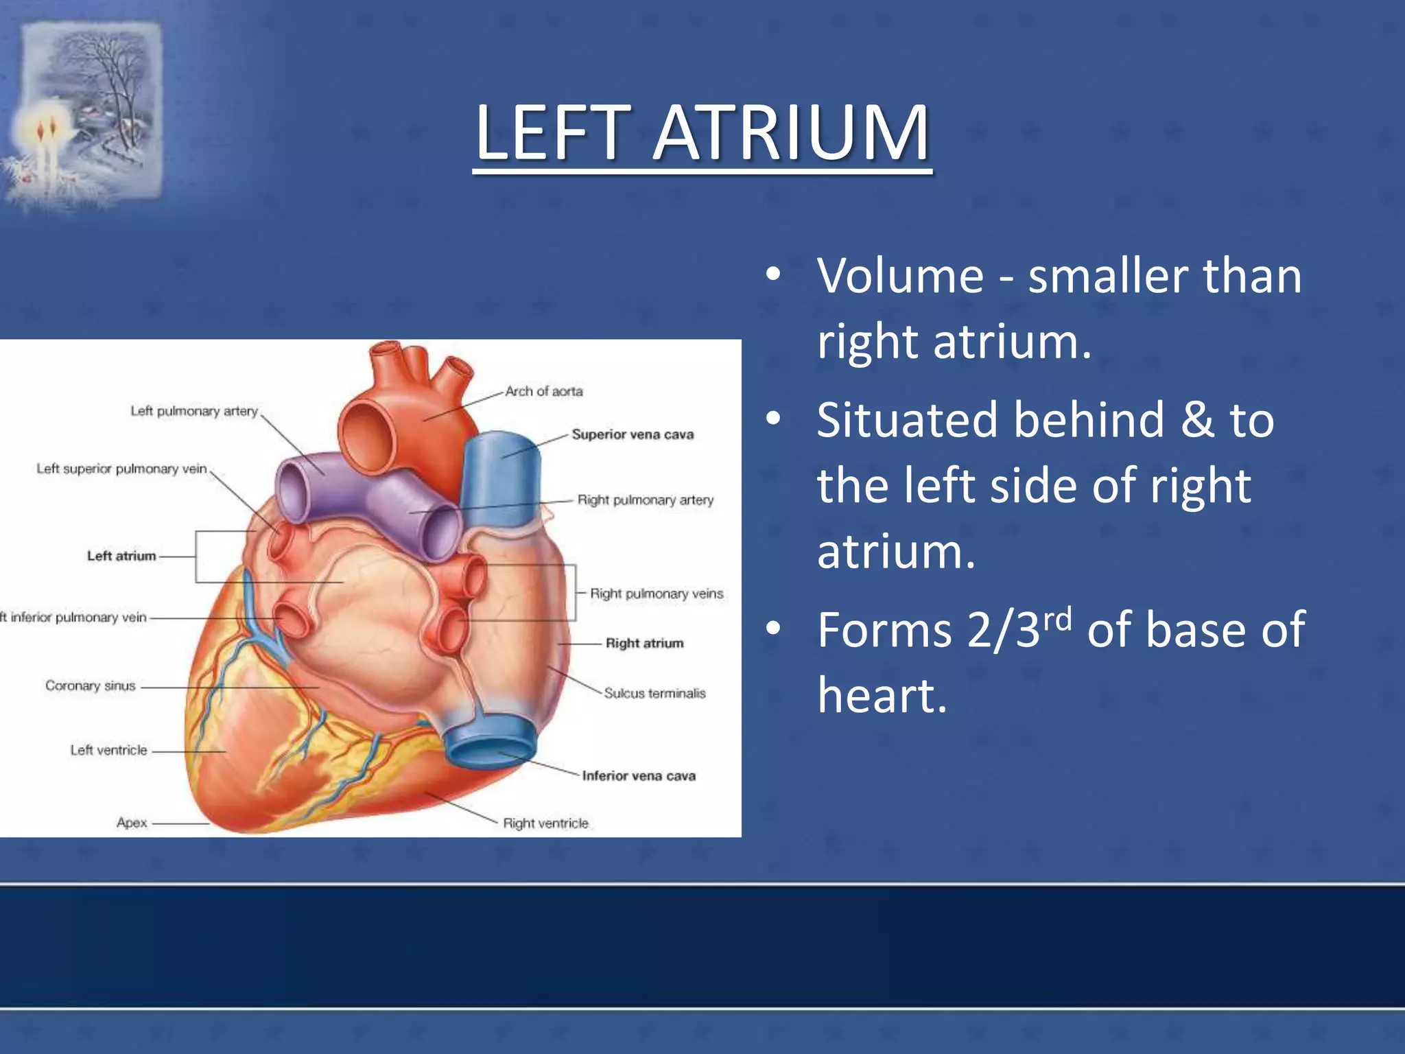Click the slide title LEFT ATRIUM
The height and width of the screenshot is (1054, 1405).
(x=702, y=133)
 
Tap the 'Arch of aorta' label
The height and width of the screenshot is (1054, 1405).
(x=544, y=391)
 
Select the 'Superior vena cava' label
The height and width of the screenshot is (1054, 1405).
(x=633, y=434)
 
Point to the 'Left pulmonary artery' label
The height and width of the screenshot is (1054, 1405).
(x=194, y=411)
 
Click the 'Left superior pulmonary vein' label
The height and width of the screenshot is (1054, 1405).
(x=121, y=469)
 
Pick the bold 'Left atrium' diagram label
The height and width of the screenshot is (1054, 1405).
(x=121, y=556)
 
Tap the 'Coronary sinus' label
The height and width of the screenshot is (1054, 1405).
(x=91, y=686)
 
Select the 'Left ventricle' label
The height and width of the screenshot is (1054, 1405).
(x=108, y=750)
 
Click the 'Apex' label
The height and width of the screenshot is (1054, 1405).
(x=132, y=822)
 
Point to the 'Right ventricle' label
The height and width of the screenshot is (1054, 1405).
(x=545, y=823)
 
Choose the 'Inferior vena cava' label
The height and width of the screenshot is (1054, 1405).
(x=639, y=775)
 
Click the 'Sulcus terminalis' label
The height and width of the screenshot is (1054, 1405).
(x=654, y=693)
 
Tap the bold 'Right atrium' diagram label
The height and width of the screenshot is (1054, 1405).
(x=644, y=643)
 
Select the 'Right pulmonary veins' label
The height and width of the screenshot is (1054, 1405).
(x=657, y=594)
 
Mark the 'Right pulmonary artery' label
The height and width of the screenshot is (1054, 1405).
(x=646, y=500)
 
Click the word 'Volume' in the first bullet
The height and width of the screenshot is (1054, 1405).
(x=900, y=276)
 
